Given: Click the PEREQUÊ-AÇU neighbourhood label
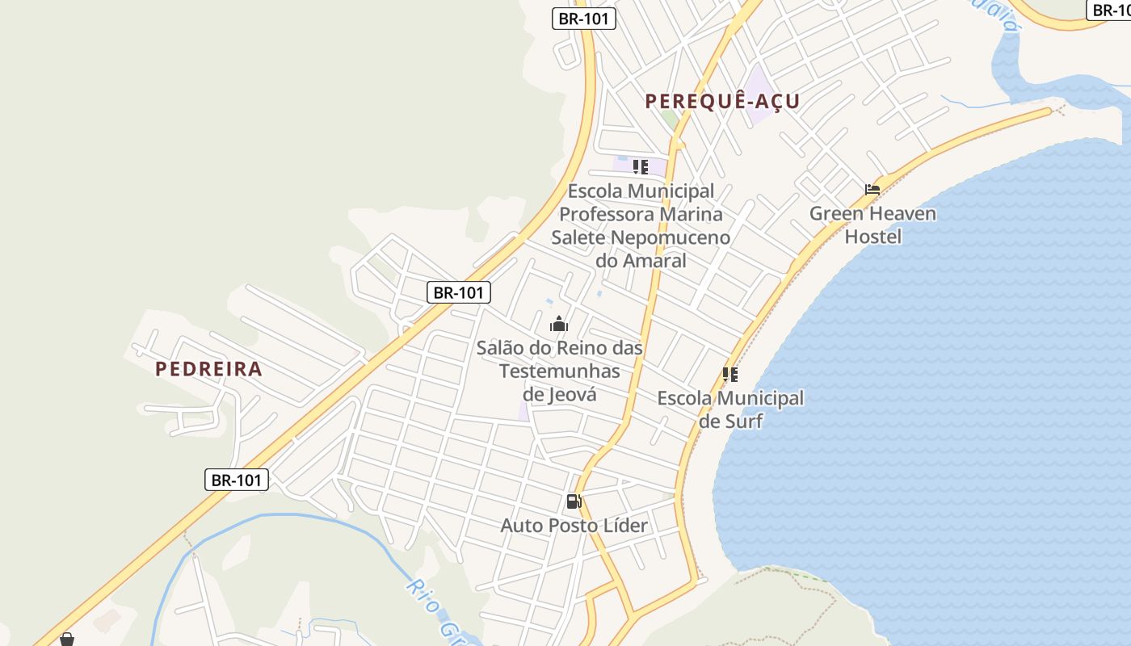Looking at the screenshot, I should coord(722,101).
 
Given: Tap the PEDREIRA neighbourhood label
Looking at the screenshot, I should coord(208,369).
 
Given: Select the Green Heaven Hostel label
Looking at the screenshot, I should coord(872,225).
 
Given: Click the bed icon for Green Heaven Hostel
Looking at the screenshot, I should coord(872,191).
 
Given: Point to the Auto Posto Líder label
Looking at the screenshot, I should coord(574,526).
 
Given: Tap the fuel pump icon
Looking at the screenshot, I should coord(574,501).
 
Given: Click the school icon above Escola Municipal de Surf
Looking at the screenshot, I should coord(730,375).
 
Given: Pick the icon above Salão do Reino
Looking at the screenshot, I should coord(559,325).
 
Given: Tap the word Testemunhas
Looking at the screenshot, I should coord(560,371).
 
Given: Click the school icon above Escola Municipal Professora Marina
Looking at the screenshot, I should coord(641,167).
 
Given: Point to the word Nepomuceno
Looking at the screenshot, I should coord(670,237).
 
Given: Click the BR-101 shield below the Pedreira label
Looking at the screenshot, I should coord(236,480).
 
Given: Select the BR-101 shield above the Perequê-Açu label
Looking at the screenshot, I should coord(584,19).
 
